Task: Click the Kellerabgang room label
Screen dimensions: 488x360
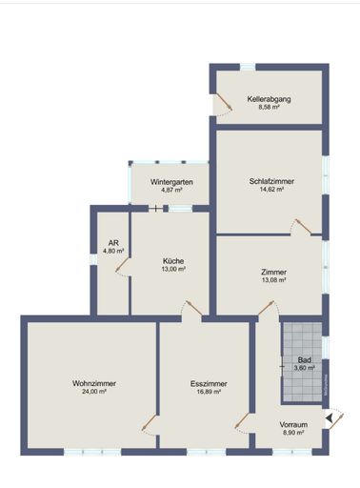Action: [x=269, y=98]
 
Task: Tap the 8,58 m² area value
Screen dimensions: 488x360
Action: [x=269, y=107]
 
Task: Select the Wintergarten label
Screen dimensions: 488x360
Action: [x=171, y=181]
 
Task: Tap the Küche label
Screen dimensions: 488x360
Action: [x=173, y=261]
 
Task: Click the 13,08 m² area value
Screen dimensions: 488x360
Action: [x=273, y=280]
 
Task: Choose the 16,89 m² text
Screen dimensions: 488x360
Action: [x=206, y=392]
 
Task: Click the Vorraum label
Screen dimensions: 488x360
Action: [x=292, y=424]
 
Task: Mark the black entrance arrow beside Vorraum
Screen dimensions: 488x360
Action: [x=330, y=417]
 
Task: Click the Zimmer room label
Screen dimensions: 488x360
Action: [x=273, y=272]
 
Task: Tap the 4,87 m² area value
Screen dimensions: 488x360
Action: [x=171, y=190]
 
